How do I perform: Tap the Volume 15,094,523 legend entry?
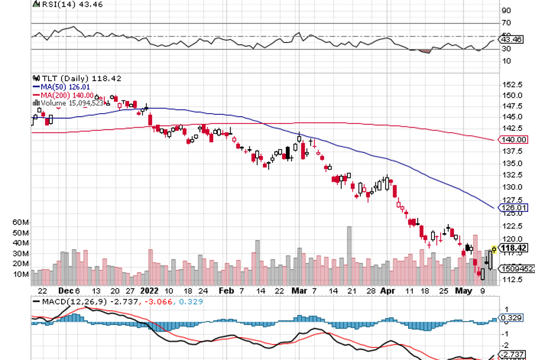(x=72, y=103)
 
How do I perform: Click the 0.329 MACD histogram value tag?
(x=510, y=318)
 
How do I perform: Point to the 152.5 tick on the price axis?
(x=512, y=85)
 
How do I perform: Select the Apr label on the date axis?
(x=388, y=290)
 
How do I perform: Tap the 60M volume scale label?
(x=21, y=222)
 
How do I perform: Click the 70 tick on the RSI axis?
(x=506, y=23)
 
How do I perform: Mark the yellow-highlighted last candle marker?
(x=494, y=248)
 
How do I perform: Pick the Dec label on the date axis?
(x=63, y=290)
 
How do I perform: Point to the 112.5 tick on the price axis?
(x=512, y=279)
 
